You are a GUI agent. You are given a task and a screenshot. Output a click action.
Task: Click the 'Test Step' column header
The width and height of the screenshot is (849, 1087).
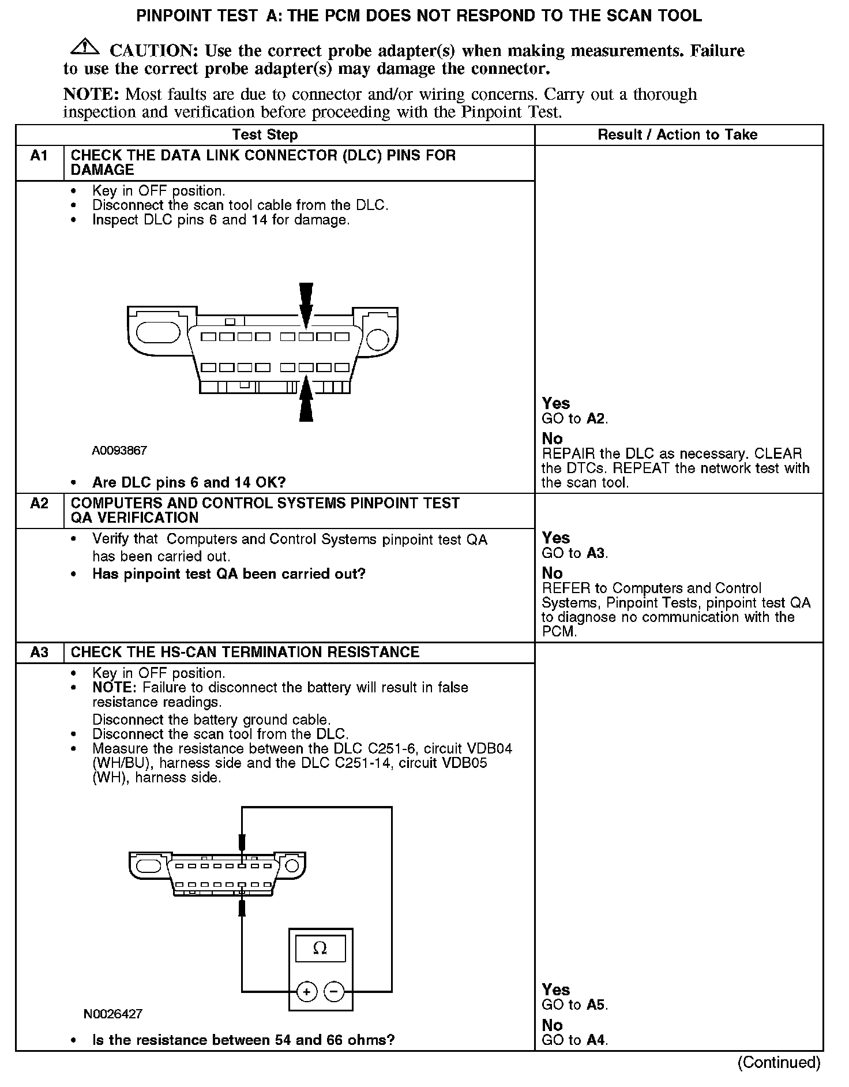click(265, 135)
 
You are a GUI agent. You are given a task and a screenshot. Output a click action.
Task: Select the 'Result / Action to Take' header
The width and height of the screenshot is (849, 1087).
click(677, 135)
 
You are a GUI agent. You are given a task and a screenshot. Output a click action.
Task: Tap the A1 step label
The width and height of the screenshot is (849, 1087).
click(39, 156)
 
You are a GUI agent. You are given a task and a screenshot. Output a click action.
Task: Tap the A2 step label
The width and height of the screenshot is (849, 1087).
click(39, 504)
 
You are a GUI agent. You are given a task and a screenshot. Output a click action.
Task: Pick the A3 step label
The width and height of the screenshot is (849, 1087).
click(39, 653)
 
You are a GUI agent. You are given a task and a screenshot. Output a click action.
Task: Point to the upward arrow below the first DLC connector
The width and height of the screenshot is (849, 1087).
click(306, 399)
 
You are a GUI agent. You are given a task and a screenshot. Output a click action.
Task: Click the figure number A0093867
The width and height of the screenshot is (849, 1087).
click(119, 451)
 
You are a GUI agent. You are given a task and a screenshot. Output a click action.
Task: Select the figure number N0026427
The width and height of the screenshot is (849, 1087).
click(113, 1014)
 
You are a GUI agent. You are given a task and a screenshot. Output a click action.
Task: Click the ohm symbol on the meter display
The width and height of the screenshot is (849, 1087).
click(320, 948)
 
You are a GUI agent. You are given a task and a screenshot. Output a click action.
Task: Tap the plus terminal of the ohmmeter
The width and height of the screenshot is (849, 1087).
click(307, 992)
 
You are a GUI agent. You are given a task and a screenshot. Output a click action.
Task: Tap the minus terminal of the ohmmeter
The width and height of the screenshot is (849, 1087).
click(334, 992)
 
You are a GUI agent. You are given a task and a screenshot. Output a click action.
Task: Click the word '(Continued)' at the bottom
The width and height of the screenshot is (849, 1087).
click(779, 1063)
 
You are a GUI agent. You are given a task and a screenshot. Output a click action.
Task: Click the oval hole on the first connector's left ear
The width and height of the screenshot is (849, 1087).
click(159, 333)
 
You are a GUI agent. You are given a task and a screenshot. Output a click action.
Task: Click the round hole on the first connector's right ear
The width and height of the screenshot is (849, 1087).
click(378, 339)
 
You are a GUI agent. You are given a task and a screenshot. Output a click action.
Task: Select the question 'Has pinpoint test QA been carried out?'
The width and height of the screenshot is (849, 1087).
click(228, 574)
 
